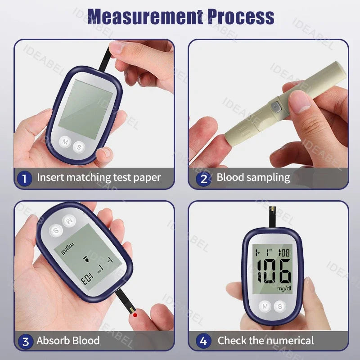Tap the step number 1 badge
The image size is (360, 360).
click(x=25, y=178)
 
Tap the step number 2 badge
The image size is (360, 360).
click(x=204, y=179)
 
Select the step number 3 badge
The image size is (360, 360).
click(x=25, y=341)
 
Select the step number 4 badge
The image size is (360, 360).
click(x=204, y=341)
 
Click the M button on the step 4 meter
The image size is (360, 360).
click(x=265, y=306)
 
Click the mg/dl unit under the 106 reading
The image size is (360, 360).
click(x=284, y=288)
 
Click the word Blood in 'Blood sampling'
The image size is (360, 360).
click(x=230, y=177)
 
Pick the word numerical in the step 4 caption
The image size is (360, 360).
click(x=291, y=341)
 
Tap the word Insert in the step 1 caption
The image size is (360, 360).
click(x=50, y=177)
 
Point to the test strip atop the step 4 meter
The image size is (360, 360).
click(x=273, y=217)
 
